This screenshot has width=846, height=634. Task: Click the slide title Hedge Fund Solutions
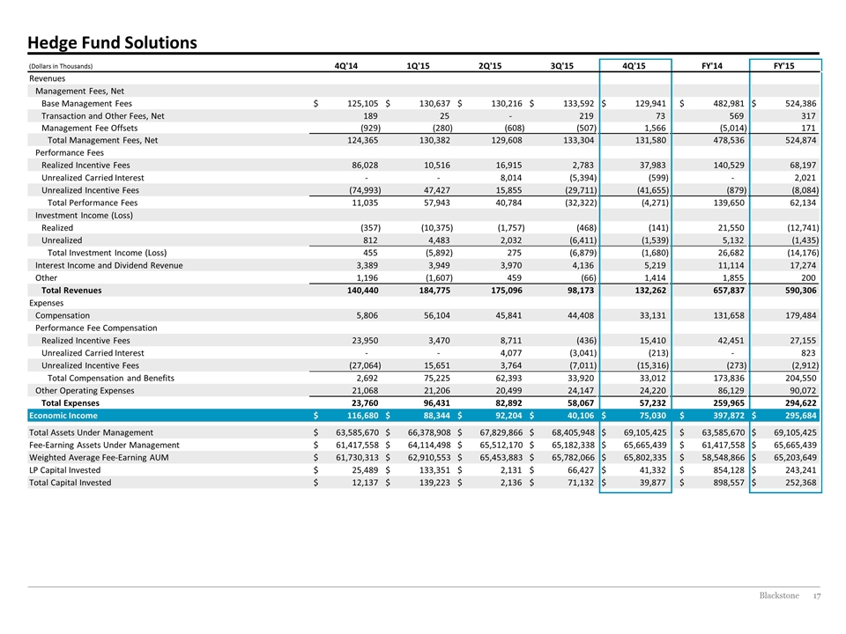112,42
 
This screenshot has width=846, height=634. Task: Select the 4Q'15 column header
634,66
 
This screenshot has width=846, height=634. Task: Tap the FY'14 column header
712,66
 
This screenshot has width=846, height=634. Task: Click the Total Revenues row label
71,290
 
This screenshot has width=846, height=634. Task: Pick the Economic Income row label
63,416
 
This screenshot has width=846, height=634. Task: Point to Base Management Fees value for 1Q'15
434,104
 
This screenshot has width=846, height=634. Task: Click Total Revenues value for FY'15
801,290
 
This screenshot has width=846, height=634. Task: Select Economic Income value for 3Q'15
580,416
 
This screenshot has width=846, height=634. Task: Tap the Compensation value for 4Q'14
367,315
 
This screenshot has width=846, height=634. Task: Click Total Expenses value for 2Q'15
508,402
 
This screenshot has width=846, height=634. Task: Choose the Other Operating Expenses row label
85,390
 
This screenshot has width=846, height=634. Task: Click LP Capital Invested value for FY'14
729,470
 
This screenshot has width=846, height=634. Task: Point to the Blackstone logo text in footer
779,596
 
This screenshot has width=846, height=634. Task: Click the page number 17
817,596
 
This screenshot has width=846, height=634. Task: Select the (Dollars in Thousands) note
61,66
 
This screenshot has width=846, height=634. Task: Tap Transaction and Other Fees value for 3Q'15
586,116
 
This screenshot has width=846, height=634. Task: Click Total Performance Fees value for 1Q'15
436,203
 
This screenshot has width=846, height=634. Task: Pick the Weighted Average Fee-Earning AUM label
99,458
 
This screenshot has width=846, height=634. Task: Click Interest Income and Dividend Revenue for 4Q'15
654,265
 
